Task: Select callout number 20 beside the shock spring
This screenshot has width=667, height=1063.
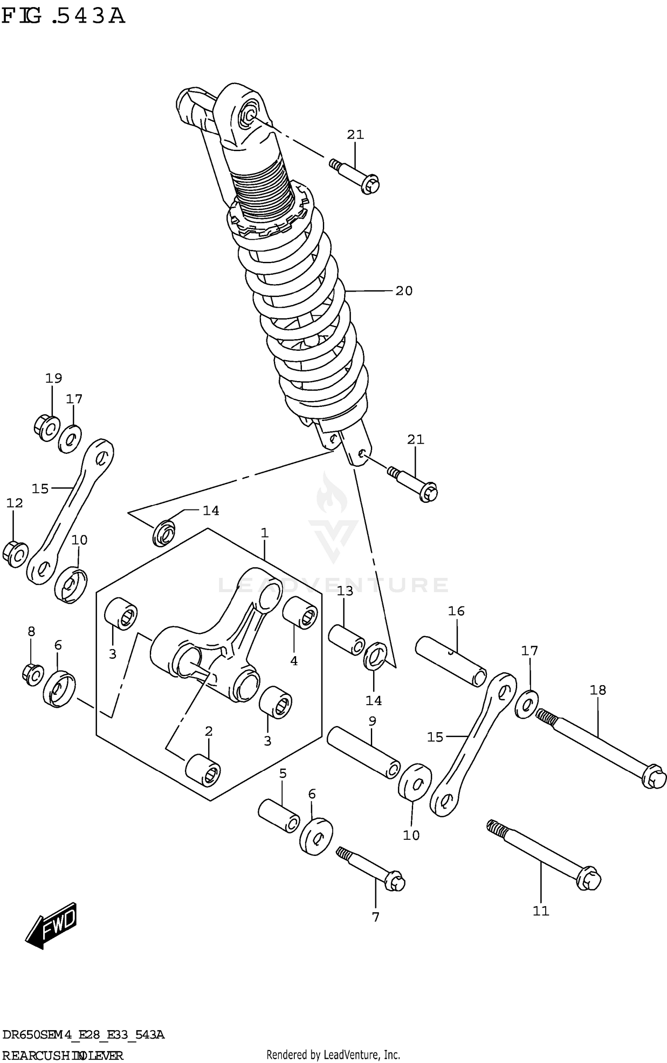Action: click(404, 291)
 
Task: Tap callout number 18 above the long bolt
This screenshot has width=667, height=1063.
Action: click(598, 690)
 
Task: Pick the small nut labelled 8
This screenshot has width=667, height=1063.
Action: click(32, 674)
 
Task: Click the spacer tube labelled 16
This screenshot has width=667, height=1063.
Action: click(450, 661)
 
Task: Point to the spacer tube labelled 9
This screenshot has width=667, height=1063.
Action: click(363, 752)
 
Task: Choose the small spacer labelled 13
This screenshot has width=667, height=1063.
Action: click(346, 640)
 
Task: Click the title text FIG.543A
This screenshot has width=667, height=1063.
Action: click(63, 16)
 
